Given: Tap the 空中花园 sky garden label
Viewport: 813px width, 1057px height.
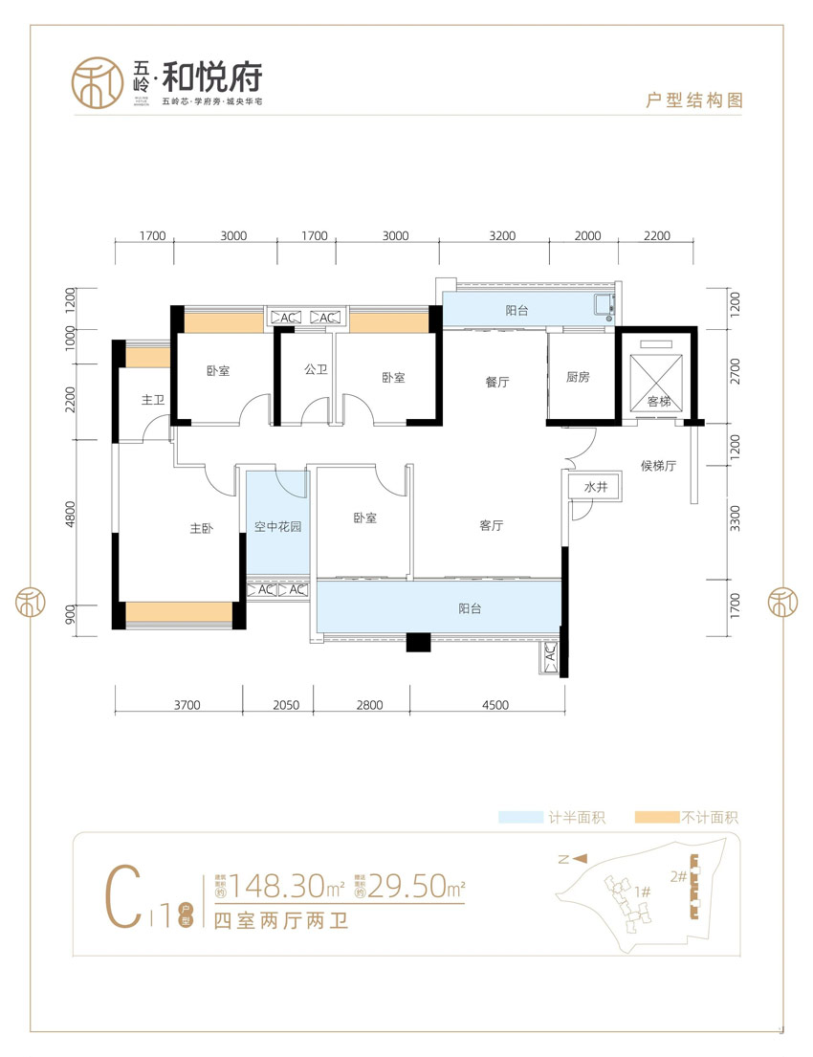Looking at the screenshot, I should coord(278,526).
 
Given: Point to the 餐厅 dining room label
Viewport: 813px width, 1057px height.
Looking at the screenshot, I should coord(496,382).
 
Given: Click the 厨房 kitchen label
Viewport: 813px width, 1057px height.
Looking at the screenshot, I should coord(578,377).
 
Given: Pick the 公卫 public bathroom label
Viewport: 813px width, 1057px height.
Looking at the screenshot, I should coord(316,369).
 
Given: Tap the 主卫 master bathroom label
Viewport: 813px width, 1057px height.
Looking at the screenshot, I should coord(153,401).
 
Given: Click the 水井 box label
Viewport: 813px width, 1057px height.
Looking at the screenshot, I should coord(596,487).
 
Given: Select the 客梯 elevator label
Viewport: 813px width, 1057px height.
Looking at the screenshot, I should coord(659,402).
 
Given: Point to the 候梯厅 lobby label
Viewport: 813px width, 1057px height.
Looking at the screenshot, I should coord(658,466).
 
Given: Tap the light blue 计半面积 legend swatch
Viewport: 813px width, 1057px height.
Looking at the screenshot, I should coord(520,818).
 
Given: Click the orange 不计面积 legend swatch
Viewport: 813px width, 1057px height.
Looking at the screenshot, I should coord(654,818).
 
